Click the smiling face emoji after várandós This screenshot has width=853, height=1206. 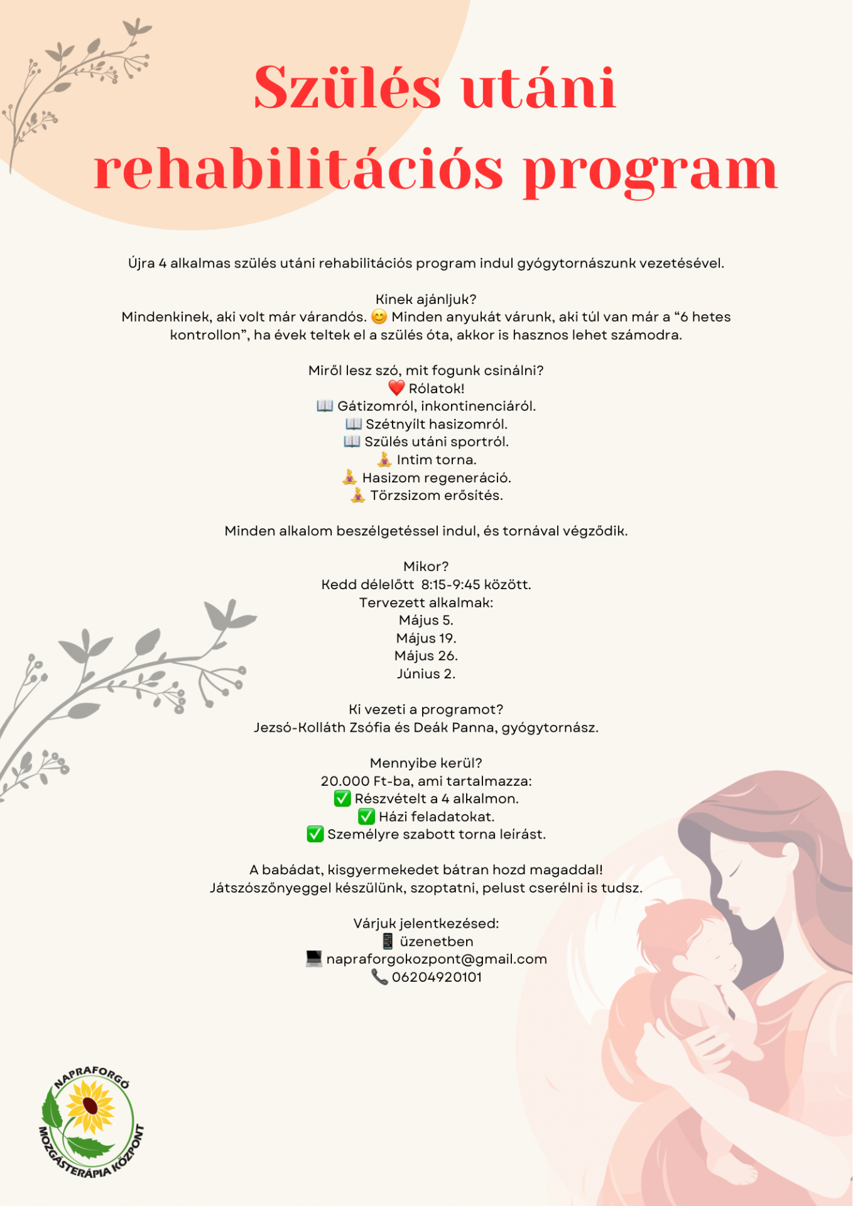click(379, 317)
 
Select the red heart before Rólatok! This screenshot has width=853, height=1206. click(396, 388)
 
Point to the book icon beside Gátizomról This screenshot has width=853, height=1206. click(325, 406)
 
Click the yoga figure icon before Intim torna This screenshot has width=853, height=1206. click(384, 460)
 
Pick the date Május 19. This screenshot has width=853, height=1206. click(426, 638)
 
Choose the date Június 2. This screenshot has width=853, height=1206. click(426, 674)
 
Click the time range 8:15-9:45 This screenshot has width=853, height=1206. click(450, 585)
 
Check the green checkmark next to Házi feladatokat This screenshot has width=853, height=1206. click(366, 817)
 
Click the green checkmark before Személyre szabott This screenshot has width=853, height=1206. click(315, 834)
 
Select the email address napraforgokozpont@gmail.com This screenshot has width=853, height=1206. click(437, 959)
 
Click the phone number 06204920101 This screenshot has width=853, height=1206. click(437, 977)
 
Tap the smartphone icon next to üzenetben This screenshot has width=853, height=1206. click(388, 941)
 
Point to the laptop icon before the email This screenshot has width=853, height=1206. click(313, 959)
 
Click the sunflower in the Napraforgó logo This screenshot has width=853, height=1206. click(90, 1107)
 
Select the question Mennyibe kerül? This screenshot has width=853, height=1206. click(426, 763)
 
